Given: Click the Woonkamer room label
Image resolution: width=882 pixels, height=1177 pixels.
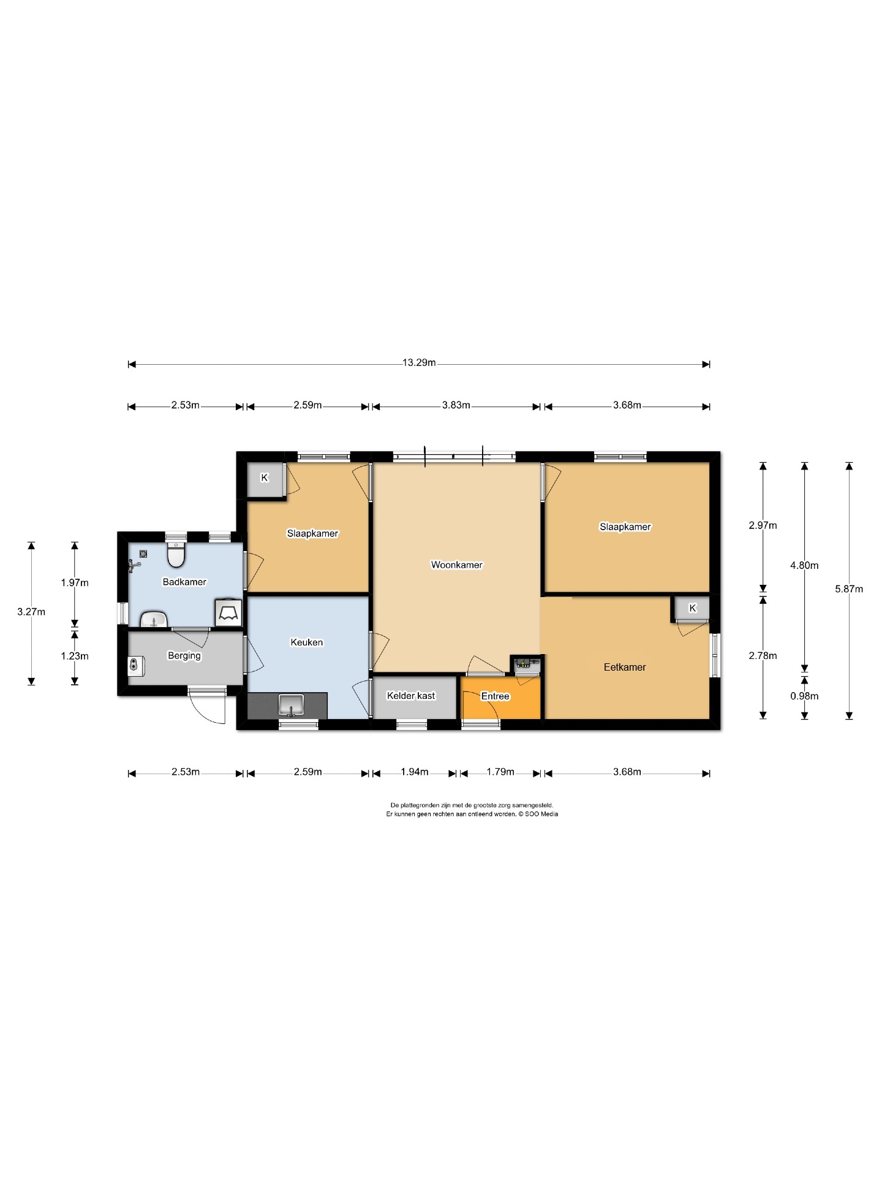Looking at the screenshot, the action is coord(456,565).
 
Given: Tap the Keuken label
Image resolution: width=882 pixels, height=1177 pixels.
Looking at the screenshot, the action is coord(306,642).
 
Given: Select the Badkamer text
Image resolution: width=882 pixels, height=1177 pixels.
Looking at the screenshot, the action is coord(184,582).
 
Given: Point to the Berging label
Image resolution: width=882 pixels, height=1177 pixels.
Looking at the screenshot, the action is coord(184,656).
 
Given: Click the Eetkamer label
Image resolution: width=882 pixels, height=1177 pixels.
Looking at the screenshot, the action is coord(625,667).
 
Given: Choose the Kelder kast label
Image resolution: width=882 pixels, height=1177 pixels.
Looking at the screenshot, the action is coord(411,696).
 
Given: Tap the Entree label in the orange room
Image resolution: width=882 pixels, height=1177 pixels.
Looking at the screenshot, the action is coord(495,696).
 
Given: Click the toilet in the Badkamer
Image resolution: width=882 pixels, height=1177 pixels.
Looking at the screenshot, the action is coord(176,555).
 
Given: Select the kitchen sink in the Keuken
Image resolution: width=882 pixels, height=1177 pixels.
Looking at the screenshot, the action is coord(291,705).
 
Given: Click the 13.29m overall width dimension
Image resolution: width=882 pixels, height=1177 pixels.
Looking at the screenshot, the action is coord(419,362).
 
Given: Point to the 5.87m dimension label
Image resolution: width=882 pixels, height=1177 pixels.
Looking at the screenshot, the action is coord(849,589).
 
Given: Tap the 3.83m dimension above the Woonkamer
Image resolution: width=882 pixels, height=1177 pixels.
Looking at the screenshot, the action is coord(456,405).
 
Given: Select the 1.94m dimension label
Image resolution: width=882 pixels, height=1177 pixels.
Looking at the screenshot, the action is coord(415,772).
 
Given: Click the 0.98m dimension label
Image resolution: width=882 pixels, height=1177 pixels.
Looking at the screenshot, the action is coord(804,696).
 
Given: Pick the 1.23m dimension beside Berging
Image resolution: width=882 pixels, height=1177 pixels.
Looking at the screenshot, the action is coord(75,656).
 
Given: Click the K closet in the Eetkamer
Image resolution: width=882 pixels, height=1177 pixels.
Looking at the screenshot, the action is coord(692,608).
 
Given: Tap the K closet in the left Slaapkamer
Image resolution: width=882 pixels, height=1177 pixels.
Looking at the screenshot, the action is coord(265,478).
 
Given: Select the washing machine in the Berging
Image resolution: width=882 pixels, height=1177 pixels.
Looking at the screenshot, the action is coord(136,666).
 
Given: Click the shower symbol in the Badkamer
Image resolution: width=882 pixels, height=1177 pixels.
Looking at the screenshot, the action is coord(228,612).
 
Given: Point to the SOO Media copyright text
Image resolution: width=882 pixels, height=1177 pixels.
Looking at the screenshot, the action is coord(538,814).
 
